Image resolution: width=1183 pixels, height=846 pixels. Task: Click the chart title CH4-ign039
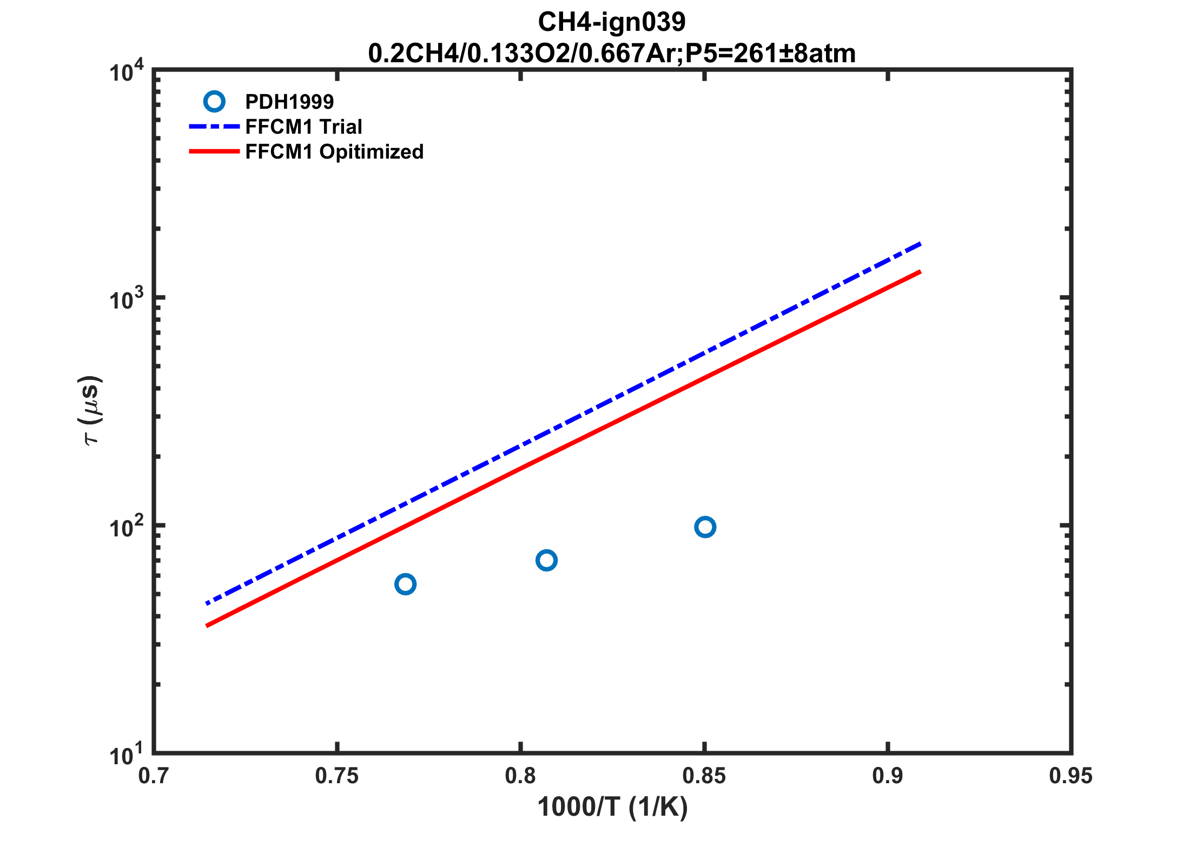(x=611, y=22)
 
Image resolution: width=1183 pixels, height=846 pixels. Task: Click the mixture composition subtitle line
(x=611, y=54)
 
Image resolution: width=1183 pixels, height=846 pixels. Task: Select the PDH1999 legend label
(x=289, y=102)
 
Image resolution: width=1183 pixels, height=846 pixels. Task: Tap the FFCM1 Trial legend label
(x=303, y=127)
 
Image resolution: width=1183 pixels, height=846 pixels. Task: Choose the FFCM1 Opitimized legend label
(x=334, y=152)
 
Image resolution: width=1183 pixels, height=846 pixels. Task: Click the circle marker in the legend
(x=214, y=101)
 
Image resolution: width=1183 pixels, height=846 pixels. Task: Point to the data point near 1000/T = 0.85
(x=705, y=527)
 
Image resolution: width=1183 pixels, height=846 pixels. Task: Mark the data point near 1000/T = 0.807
(x=546, y=560)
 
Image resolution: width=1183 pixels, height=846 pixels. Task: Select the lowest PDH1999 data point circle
(x=405, y=584)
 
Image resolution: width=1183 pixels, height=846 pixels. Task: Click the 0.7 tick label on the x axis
(x=154, y=776)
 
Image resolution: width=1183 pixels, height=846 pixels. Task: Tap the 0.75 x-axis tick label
(x=337, y=776)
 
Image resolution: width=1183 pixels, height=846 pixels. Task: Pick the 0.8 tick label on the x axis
(x=520, y=776)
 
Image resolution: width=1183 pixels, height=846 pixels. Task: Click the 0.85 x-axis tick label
(x=704, y=776)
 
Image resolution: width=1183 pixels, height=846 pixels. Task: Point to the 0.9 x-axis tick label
(x=888, y=776)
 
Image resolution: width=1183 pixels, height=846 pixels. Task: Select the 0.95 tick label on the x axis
(x=1070, y=776)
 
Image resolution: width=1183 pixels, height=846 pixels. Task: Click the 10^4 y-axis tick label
(x=126, y=71)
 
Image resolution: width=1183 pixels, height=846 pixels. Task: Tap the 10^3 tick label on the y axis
(x=126, y=299)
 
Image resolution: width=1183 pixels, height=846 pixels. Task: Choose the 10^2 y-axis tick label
(x=126, y=527)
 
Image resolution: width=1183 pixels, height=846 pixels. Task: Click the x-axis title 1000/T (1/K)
(x=612, y=807)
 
